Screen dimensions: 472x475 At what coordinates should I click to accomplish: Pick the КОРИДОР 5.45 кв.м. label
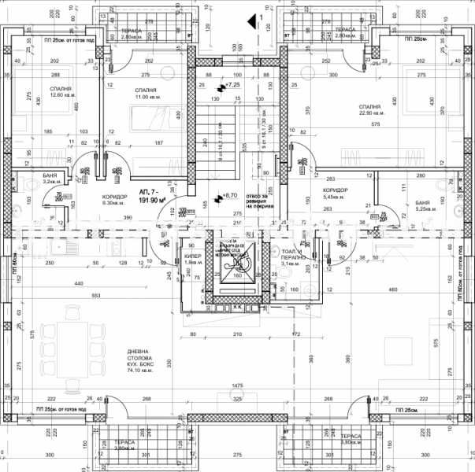click(x=336, y=194)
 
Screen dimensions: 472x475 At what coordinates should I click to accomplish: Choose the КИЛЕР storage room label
click(x=193, y=260)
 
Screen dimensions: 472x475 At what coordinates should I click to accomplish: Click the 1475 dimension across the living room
click(x=238, y=386)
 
